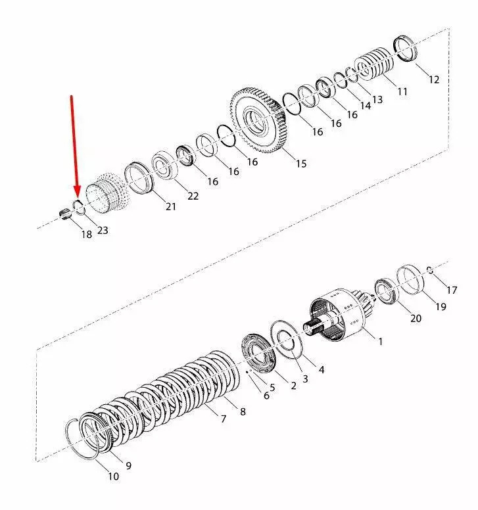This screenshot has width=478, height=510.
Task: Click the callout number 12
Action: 433,80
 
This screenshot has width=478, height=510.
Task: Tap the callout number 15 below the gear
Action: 300,164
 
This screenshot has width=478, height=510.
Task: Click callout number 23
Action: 103,230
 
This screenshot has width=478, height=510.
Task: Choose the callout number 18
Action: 86,235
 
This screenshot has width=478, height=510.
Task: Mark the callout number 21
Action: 171,206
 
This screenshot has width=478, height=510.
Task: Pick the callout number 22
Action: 192,196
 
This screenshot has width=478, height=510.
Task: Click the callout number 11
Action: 402,91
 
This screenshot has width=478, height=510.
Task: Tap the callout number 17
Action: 452,289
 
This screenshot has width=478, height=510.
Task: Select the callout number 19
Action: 440,306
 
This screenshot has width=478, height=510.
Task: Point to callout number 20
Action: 416,319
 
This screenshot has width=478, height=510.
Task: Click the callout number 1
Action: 380,341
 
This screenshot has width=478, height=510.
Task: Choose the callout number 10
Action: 114,476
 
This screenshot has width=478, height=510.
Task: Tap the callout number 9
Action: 129,465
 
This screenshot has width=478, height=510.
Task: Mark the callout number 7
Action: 223,418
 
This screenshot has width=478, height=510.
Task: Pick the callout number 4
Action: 321,370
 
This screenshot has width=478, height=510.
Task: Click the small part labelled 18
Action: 65,214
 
